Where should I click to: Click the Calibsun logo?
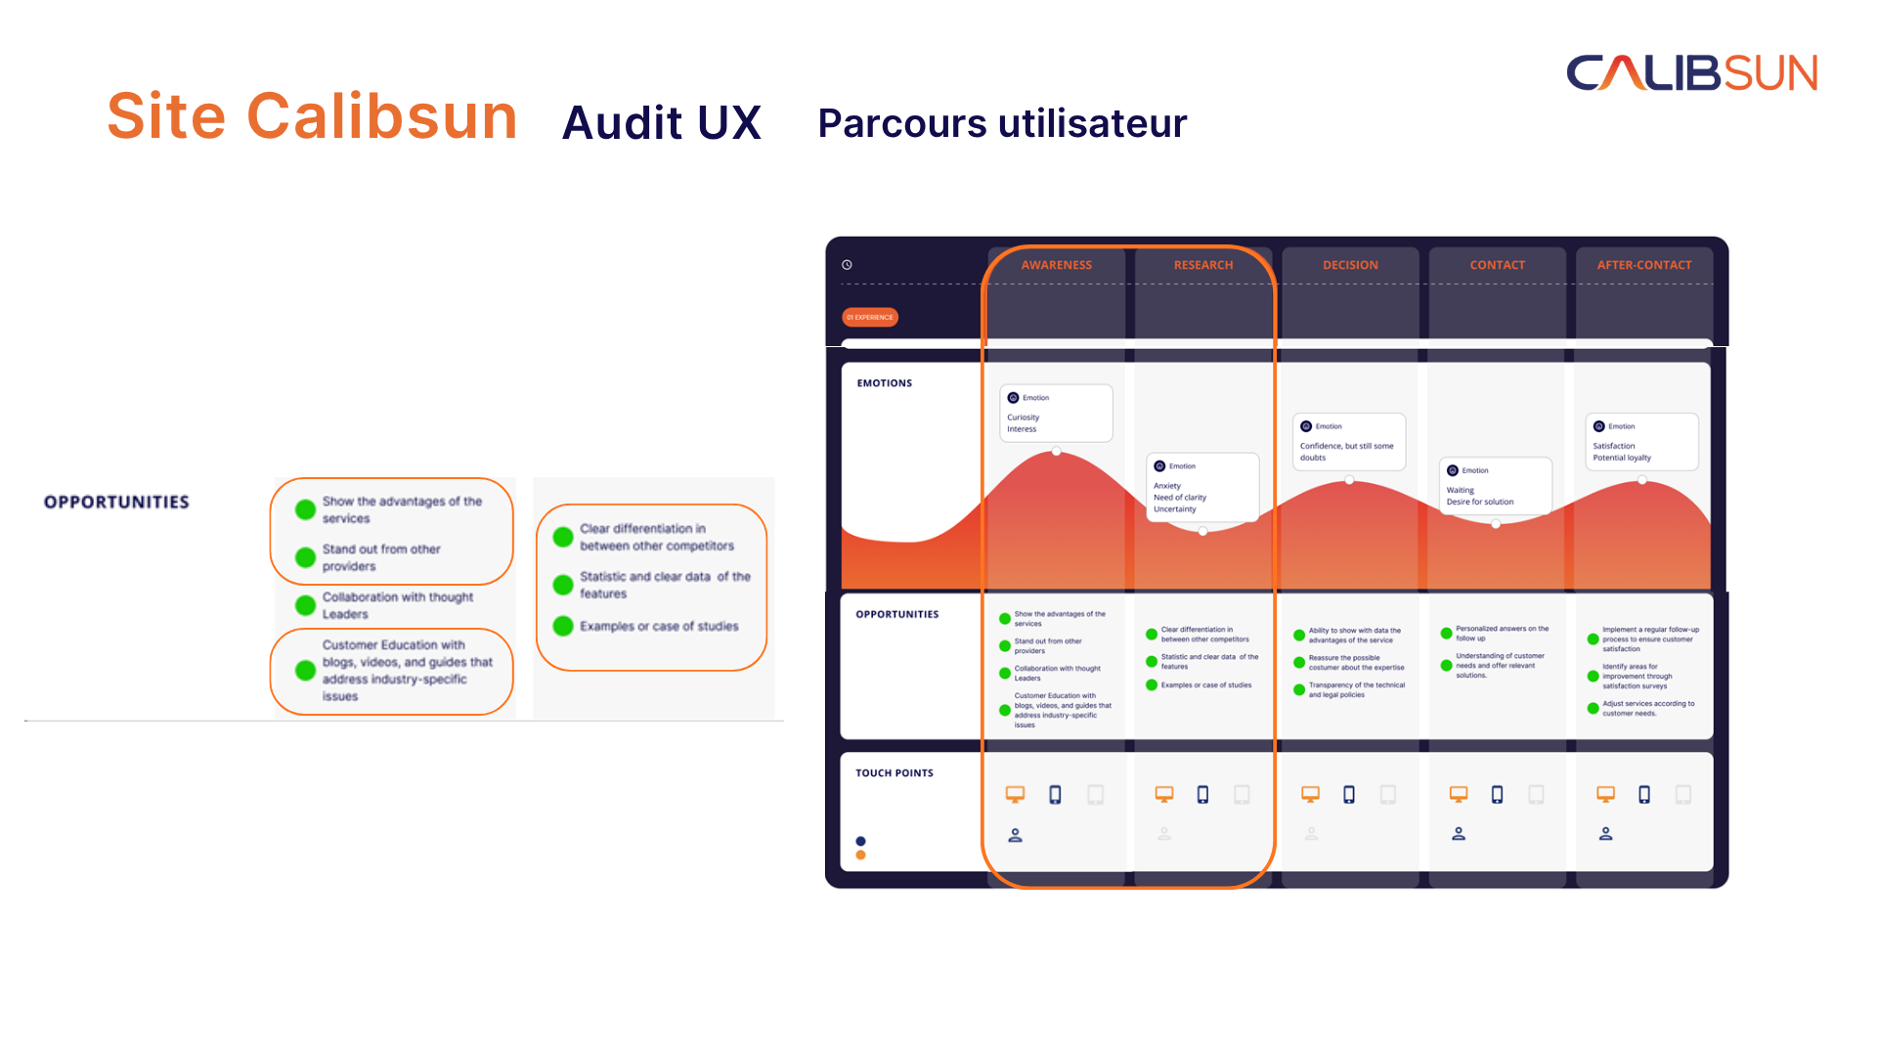coord(1691,73)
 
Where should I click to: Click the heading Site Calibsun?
coord(312,116)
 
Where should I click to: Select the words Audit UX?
coord(662,123)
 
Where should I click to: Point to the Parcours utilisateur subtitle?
coord(1002,124)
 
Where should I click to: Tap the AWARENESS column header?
coord(1056,265)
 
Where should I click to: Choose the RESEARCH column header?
coord(1203,265)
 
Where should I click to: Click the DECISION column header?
coord(1350,265)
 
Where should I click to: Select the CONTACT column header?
coord(1497,265)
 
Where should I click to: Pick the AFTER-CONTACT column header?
coord(1644,265)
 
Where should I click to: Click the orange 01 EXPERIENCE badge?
coord(870,317)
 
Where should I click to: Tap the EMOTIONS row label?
coord(885,383)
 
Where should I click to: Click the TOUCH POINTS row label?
coord(895,773)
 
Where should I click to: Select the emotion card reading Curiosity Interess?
coord(1056,414)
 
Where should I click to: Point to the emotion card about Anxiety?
coord(1202,487)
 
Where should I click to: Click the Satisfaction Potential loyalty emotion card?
coord(1641,442)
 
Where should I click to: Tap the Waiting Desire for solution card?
coord(1495,486)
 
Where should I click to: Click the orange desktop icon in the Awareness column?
coord(1016,795)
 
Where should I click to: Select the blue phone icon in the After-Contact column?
coord(1644,795)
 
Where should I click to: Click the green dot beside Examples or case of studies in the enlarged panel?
coord(563,626)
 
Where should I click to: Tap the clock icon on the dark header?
coord(848,265)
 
